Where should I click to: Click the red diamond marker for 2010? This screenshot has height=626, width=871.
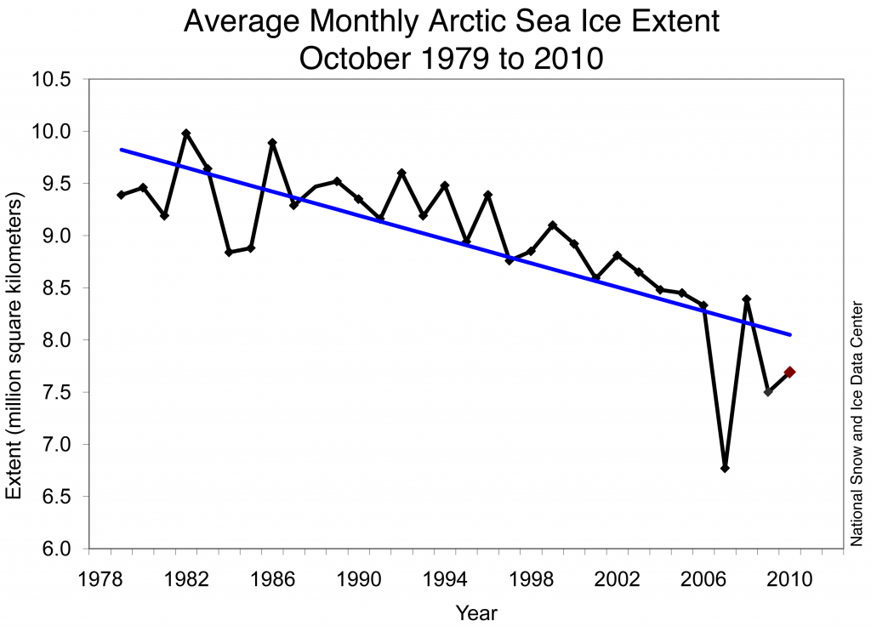790,372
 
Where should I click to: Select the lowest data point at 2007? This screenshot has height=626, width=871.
725,468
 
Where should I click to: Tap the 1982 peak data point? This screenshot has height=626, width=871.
186,134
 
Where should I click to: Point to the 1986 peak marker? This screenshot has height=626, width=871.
272,143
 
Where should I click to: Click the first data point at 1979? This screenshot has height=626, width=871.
121,195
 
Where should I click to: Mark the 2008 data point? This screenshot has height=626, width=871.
747,299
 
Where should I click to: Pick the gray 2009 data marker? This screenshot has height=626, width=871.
768,391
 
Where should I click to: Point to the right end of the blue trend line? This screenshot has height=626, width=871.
791,334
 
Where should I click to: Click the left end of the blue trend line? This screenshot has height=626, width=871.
121,150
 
